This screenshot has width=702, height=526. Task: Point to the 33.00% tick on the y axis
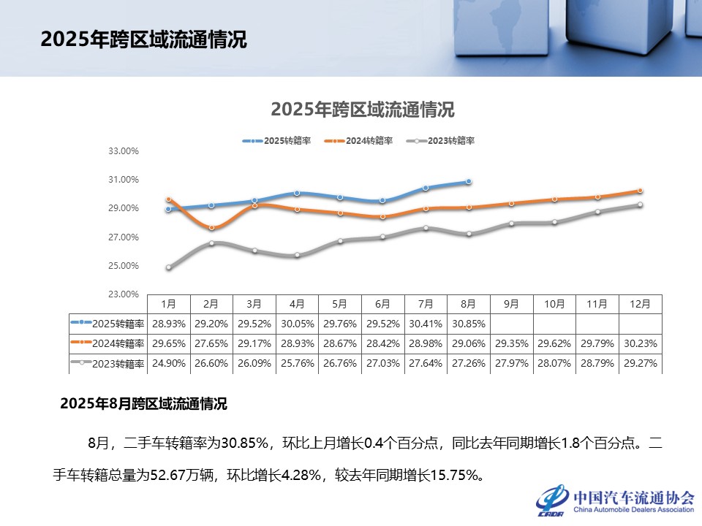coord(124,151)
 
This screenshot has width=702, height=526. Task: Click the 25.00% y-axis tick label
coord(124,266)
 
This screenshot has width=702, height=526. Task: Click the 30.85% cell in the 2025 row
coord(469,323)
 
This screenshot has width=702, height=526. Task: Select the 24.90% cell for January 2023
coord(168,363)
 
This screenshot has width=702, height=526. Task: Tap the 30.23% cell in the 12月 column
coord(641,343)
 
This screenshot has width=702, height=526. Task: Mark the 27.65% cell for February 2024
coord(211,343)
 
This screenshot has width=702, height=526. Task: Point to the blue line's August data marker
coord(468,181)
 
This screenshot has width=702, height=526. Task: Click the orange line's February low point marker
coord(211,228)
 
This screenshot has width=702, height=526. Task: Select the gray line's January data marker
coord(168,267)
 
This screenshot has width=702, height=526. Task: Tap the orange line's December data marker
coord(640,191)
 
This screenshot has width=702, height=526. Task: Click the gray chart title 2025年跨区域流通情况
coord(363,110)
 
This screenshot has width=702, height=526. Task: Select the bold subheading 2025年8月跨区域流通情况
coord(143,403)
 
